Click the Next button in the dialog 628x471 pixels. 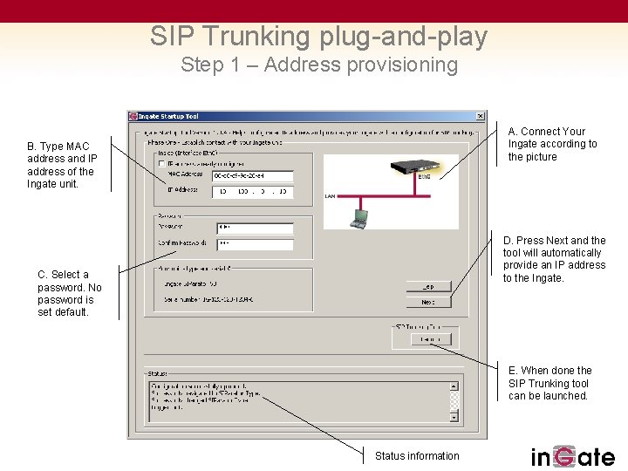pos(428,303)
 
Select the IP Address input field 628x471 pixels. pos(253,191)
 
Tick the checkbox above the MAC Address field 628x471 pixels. pos(161,163)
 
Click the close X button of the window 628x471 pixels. pos(481,116)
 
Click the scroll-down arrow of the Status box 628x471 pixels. pos(454,417)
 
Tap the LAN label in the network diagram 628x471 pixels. pos(330,196)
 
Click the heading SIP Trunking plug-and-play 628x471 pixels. pos(318,37)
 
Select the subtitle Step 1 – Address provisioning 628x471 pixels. pos(318,65)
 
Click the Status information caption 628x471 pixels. pos(417,455)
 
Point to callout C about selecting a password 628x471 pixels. pos(69,293)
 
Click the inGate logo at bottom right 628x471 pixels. pos(572,456)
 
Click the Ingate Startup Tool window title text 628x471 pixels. pos(168,116)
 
